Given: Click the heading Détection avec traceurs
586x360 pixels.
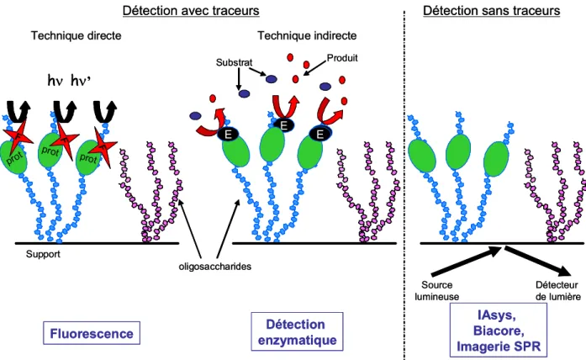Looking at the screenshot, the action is click(x=191, y=10).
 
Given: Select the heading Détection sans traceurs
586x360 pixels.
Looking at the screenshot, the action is click(x=492, y=10).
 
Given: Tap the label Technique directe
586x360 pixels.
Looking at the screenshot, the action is click(x=77, y=35).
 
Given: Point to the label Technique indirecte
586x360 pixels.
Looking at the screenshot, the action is click(x=307, y=35).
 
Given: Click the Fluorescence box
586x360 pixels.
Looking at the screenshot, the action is click(x=92, y=333).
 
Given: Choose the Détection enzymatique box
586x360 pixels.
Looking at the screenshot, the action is click(x=297, y=331).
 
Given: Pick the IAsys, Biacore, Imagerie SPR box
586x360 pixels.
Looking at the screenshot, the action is click(x=499, y=330).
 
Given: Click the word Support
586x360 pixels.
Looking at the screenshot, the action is click(x=43, y=254).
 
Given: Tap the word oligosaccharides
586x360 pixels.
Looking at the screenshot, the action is click(x=215, y=267).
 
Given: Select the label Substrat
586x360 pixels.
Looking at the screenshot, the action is click(x=234, y=62).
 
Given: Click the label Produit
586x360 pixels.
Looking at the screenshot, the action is click(x=342, y=58).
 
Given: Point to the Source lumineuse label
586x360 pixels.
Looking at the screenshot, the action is click(x=437, y=291).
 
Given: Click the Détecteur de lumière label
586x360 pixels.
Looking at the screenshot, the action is click(x=558, y=291).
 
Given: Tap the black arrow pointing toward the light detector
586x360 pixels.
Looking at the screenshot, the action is click(x=537, y=261).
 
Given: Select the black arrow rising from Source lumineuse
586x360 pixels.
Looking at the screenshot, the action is click(x=466, y=261).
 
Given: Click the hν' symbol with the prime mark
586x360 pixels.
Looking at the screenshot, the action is click(x=81, y=80).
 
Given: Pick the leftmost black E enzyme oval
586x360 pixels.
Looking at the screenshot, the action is click(x=229, y=135).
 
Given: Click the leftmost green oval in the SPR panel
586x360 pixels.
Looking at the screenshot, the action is click(x=421, y=155).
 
